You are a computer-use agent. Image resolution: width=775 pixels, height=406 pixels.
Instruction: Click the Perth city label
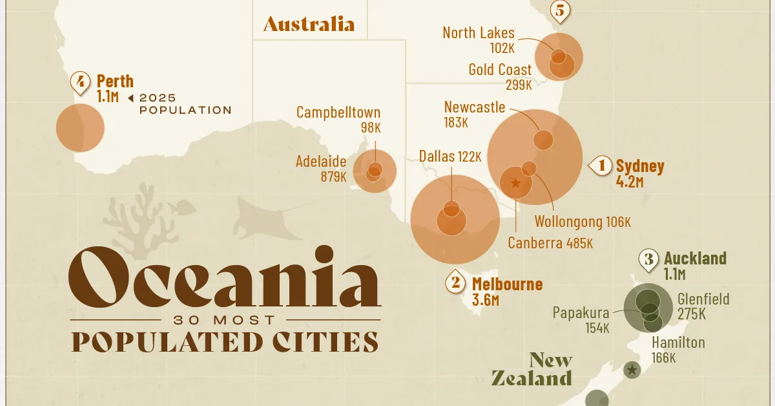115,81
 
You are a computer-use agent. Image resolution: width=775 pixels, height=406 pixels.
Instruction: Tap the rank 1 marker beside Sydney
601,166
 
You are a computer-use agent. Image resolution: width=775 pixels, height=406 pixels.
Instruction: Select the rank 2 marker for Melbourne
456,283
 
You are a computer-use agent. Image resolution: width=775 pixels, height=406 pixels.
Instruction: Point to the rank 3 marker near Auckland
648,259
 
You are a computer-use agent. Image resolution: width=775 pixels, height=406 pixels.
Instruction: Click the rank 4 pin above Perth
80,83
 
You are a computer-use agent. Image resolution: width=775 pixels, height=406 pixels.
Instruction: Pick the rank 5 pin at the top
559,10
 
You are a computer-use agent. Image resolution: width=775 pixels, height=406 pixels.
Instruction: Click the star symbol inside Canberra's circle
515,183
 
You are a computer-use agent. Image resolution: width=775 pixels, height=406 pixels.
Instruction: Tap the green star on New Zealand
632,370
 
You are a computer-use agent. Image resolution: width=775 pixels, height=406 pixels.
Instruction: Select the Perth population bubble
80,127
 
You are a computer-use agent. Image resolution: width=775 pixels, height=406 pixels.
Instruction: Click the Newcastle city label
475,107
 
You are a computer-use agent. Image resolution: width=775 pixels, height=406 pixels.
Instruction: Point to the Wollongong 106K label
582,222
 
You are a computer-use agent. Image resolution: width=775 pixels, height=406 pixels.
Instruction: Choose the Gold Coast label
501,70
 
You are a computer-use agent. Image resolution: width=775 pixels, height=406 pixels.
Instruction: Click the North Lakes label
479,33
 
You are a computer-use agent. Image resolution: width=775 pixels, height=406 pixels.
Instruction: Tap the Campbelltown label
338,112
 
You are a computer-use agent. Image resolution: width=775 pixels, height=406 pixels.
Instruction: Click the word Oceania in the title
224,279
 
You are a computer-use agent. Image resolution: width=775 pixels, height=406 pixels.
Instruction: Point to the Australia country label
309,25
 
